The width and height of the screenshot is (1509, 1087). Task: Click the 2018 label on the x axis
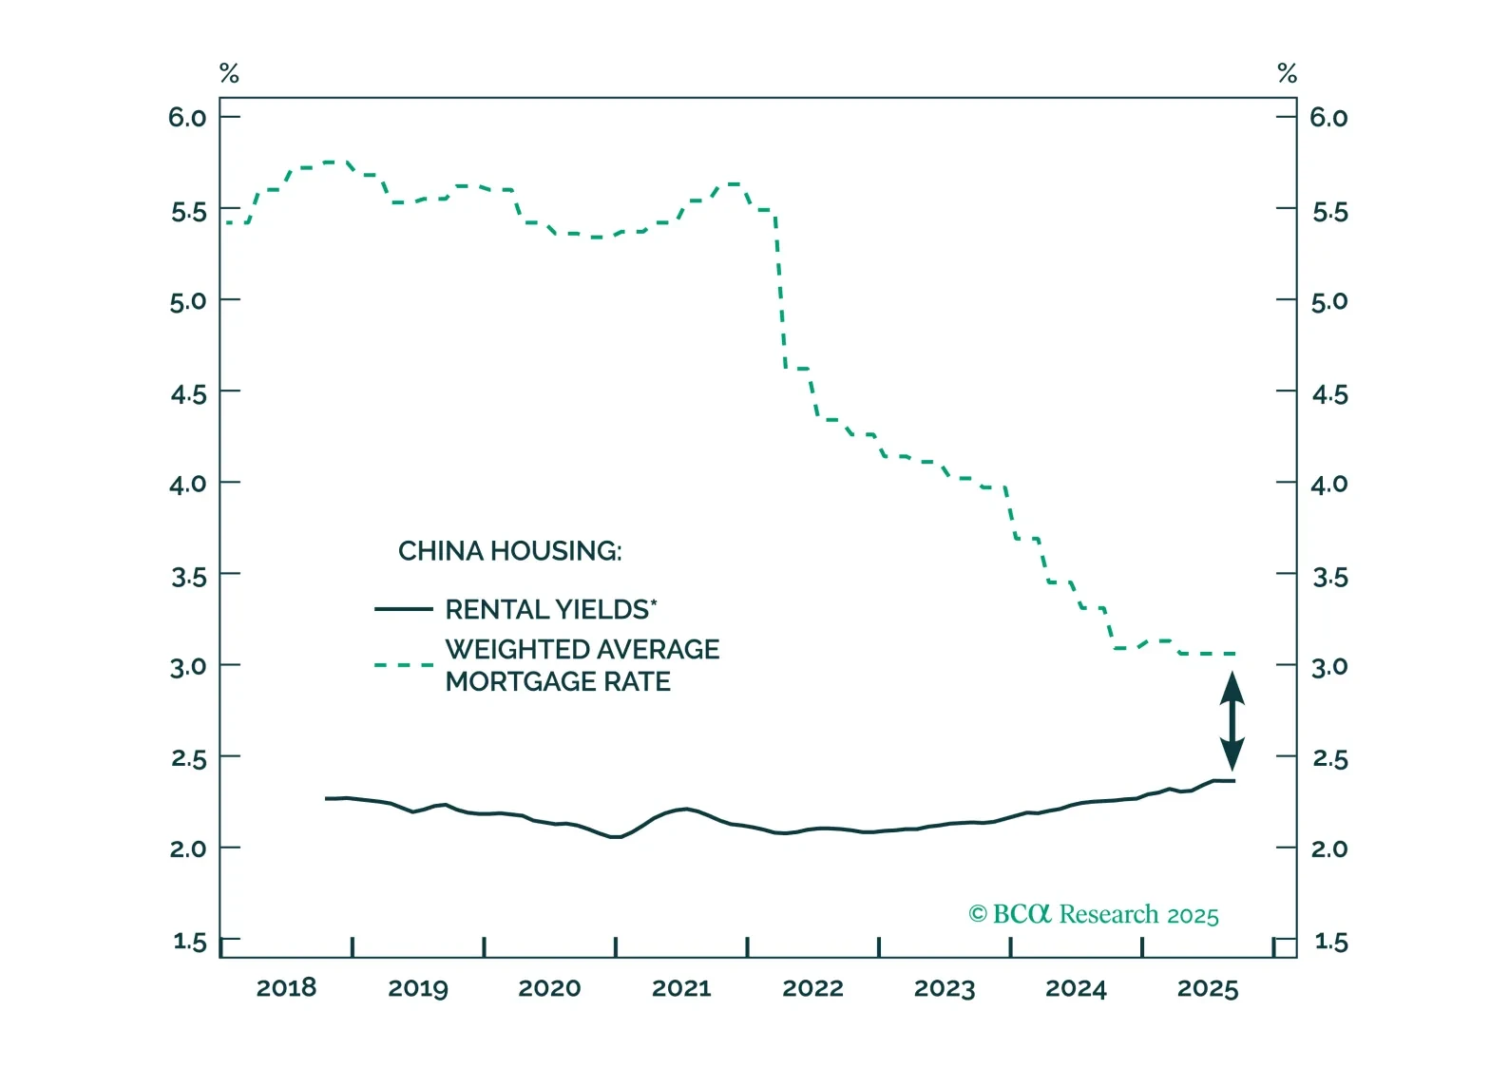286,988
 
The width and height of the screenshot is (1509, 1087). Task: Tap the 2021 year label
681,988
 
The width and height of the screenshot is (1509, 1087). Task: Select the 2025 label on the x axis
1208,988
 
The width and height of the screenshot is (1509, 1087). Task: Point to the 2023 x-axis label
945,988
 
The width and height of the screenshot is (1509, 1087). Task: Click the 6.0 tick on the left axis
187,118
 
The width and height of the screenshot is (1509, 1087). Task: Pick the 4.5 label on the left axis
188,393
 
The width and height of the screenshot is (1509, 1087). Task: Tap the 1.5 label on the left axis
189,942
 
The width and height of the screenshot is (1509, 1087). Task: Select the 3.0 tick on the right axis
1329,666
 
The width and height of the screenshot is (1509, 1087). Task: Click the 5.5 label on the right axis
1329,211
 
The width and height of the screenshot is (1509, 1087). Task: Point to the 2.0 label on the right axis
1329,849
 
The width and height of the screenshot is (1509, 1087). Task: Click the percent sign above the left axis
229,73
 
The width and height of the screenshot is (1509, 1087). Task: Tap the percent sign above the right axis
1287,73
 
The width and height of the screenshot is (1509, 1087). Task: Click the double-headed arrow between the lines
1232,720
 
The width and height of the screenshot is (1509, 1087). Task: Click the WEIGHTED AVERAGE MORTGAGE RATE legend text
582,665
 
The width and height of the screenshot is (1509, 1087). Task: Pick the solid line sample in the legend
404,609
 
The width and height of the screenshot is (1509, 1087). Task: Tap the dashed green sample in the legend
404,665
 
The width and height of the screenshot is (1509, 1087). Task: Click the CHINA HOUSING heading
509,551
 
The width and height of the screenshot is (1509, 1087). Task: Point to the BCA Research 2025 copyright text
1094,914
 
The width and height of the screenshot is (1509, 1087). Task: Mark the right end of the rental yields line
1233,781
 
